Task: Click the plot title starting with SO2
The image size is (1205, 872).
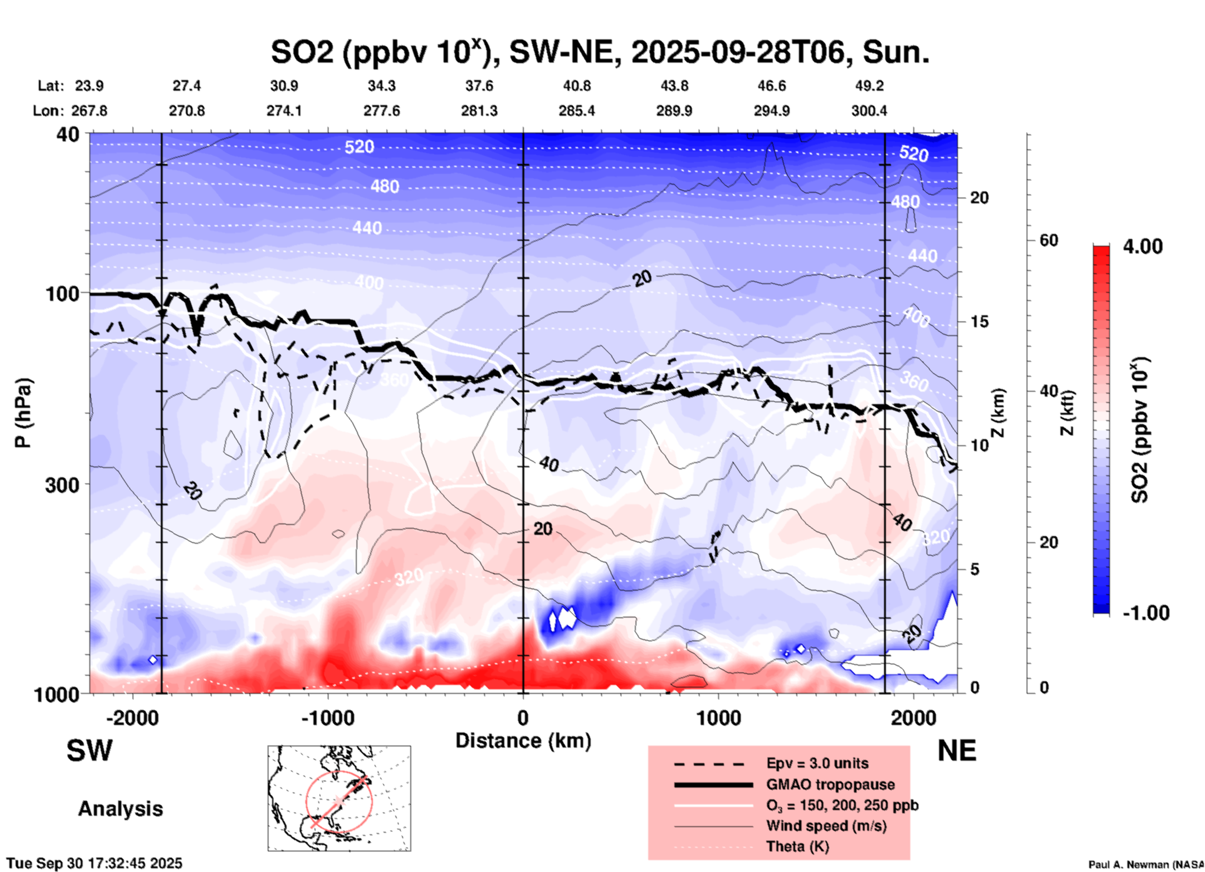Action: pos(599,53)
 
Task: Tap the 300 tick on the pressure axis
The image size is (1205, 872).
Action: pos(62,485)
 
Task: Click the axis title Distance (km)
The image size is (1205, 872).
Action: pos(523,741)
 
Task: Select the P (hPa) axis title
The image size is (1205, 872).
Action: pos(24,413)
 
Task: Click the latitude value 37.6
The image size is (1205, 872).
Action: pos(479,86)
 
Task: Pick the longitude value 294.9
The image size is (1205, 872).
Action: pos(771,111)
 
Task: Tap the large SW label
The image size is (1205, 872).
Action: pos(89,751)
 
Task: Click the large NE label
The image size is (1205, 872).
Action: pos(957,751)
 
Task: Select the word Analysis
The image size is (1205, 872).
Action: pos(120,809)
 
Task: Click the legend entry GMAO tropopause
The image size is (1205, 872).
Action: pos(830,784)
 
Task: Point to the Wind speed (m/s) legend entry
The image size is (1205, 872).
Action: pos(826,826)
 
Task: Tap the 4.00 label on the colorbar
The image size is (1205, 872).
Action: pos(1142,246)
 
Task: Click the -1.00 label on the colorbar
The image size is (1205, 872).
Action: pos(1146,613)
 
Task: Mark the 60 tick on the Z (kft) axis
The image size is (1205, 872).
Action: pos(1049,240)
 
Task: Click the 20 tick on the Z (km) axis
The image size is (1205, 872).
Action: pos(979,198)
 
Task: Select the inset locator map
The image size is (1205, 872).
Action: pos(339,798)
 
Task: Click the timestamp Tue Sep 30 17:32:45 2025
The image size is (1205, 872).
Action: pos(94,863)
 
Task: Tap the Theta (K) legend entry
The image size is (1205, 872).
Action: pos(797,846)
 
